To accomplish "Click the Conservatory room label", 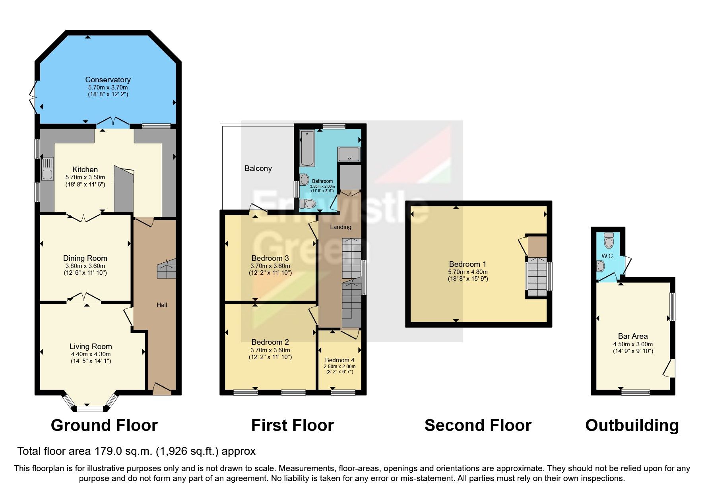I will point(108,80).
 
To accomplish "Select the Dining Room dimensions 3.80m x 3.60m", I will point(85,266).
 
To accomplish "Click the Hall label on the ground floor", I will point(162,305).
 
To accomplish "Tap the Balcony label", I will point(258,168).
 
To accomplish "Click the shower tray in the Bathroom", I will point(349,154).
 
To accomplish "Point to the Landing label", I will point(341,227).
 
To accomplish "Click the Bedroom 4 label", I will point(339,360).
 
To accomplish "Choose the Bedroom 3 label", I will point(270,258).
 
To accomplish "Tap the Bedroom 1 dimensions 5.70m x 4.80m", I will point(467,272).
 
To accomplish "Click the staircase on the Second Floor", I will point(537,276).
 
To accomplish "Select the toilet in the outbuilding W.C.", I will point(609,241).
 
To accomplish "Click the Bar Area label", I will point(632,336).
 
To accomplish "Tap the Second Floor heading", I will point(477,425).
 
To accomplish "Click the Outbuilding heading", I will point(632,425).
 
